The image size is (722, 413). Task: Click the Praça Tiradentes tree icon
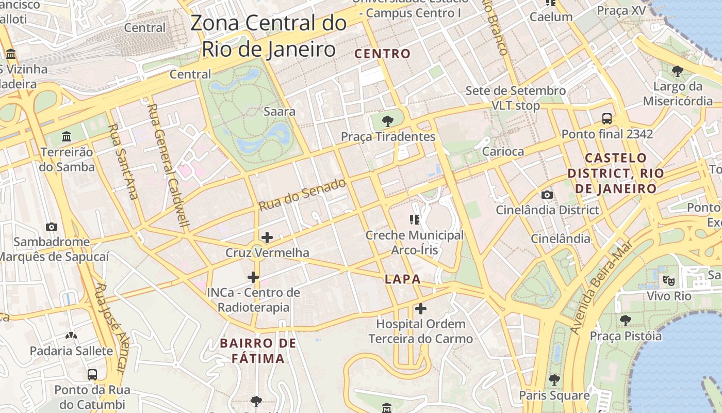388,121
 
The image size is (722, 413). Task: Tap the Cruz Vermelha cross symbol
267,237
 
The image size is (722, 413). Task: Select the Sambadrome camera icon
51,227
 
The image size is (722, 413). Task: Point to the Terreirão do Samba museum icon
67,137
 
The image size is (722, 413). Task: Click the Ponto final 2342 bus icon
607,119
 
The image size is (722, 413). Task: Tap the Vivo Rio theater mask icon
669,281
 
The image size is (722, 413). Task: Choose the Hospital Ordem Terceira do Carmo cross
421,309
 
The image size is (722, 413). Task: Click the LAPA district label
403,279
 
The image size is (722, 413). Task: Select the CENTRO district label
383,54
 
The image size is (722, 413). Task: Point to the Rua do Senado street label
302,195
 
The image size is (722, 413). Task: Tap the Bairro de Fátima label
258,351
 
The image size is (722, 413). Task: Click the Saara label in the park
280,111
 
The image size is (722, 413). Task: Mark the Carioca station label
503,151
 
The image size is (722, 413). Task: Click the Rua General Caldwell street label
169,165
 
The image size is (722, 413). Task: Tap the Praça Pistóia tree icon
626,321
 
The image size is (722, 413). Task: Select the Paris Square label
554,395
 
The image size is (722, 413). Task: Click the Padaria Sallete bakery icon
71,336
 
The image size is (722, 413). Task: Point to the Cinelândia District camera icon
547,195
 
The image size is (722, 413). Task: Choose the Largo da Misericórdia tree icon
678,71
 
